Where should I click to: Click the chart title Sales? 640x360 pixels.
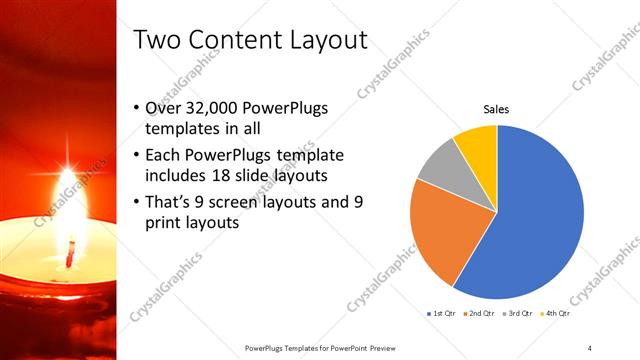click(x=497, y=109)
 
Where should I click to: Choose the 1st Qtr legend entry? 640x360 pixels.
click(x=440, y=313)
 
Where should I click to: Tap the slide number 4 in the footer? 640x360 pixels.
click(x=590, y=347)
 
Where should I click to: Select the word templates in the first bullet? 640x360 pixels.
click(x=180, y=129)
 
